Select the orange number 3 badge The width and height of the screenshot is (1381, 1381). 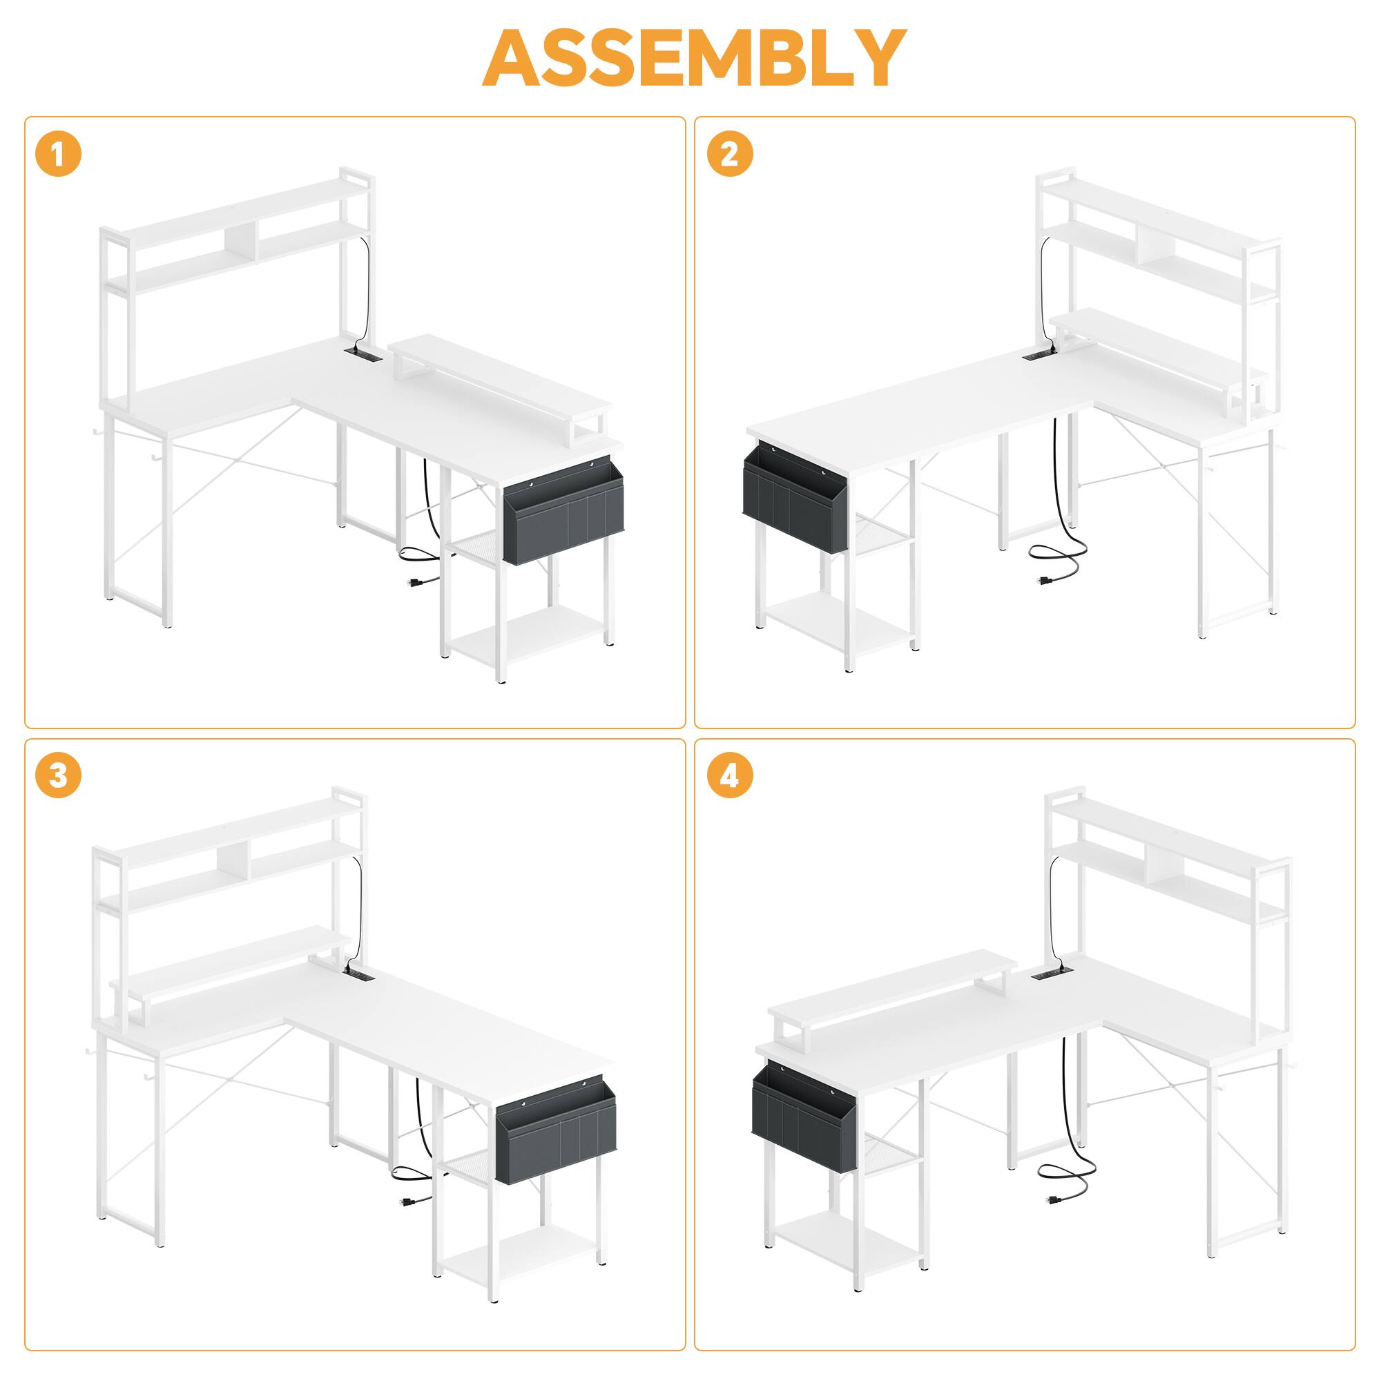(x=58, y=776)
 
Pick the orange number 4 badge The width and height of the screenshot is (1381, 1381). (x=730, y=776)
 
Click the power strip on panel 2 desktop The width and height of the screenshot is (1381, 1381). (x=1036, y=354)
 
